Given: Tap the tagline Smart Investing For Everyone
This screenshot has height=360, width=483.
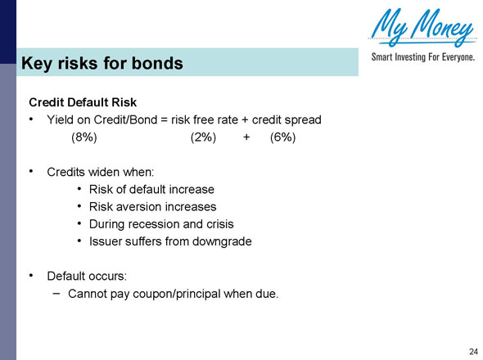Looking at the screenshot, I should point(423,59).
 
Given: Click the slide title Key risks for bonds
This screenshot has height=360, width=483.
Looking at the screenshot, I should point(102,63).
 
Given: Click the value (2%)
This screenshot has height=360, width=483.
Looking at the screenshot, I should point(202,137).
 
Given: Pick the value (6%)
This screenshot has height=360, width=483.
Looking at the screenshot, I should point(282,137).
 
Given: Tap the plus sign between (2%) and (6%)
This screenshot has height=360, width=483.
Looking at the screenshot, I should point(246,137).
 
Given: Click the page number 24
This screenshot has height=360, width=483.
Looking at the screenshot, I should point(473,351).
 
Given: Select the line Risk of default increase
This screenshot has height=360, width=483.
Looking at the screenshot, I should point(146,190).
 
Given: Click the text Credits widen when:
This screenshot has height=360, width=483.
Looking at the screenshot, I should point(100,173).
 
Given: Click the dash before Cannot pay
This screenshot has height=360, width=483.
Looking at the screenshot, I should point(56,292).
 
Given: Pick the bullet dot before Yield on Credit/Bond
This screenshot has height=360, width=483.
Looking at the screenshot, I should point(30,119).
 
